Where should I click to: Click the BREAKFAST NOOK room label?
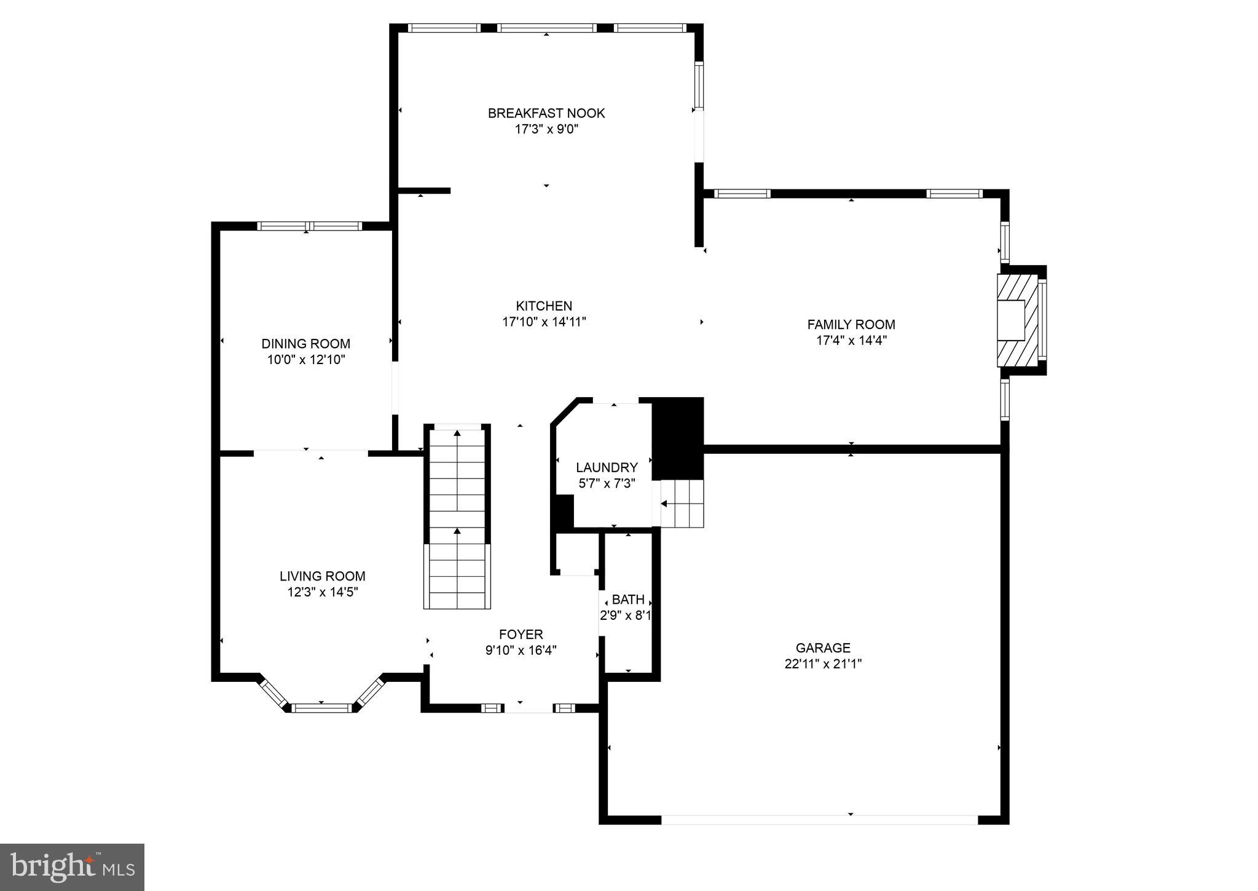546,113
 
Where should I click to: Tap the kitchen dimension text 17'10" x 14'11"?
544,322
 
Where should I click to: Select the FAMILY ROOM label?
851,324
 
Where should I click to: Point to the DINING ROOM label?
305,344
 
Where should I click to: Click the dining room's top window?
309,226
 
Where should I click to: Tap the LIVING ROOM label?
322,576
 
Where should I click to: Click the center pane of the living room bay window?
321,708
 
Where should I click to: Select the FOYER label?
521,634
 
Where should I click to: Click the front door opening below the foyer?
528,708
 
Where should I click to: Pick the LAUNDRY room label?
607,467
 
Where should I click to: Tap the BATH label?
628,600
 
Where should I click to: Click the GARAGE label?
823,647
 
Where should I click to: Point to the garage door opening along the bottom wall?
819,820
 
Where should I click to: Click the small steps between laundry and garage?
682,504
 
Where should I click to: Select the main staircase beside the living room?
457,517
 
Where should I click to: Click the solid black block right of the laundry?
677,438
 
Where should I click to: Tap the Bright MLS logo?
72,867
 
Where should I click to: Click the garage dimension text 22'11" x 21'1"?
823,664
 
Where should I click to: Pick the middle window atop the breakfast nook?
546,28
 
